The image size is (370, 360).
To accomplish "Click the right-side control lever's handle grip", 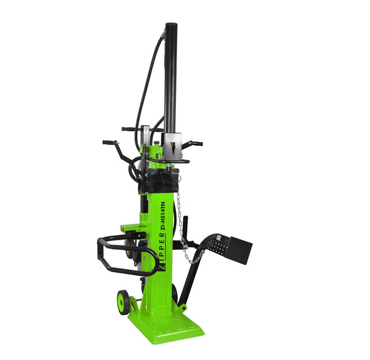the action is point(196,143).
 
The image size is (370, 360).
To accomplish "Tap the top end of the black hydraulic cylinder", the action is point(171,24).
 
